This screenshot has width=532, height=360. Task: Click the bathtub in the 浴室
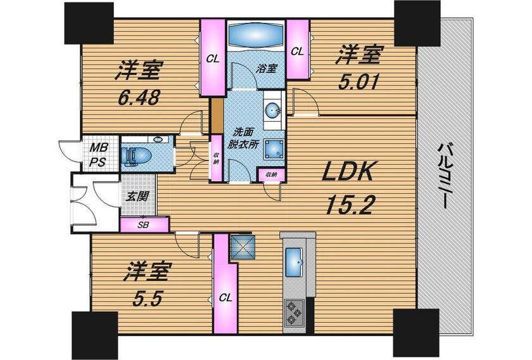[256, 36]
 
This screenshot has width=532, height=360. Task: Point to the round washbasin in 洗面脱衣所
[273, 110]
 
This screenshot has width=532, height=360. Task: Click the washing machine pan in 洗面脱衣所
[274, 150]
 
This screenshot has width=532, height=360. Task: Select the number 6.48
[139, 98]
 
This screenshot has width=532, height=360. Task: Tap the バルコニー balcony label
[445, 176]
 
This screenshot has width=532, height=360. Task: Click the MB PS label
[99, 155]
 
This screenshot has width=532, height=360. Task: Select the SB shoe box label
[144, 225]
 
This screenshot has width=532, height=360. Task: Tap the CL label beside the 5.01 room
[298, 51]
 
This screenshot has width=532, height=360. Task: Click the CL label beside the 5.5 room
[225, 298]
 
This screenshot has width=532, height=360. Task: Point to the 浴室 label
[267, 68]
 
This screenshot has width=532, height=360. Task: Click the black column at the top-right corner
[417, 23]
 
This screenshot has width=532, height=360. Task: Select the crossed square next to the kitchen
[241, 248]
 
